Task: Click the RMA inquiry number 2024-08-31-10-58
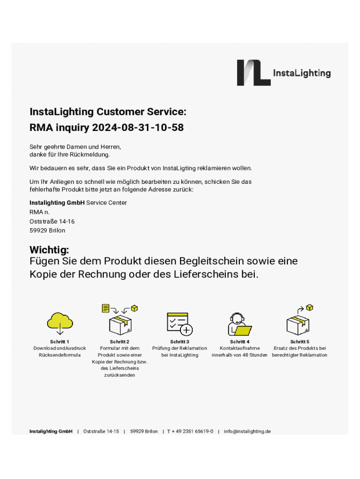pos(137,127)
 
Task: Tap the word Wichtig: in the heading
pos(49,250)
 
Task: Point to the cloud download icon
pos(60,323)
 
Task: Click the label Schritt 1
pos(60,342)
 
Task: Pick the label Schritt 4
pos(239,342)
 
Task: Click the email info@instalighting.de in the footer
pos(247,431)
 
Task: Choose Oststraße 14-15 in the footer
pos(101,431)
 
